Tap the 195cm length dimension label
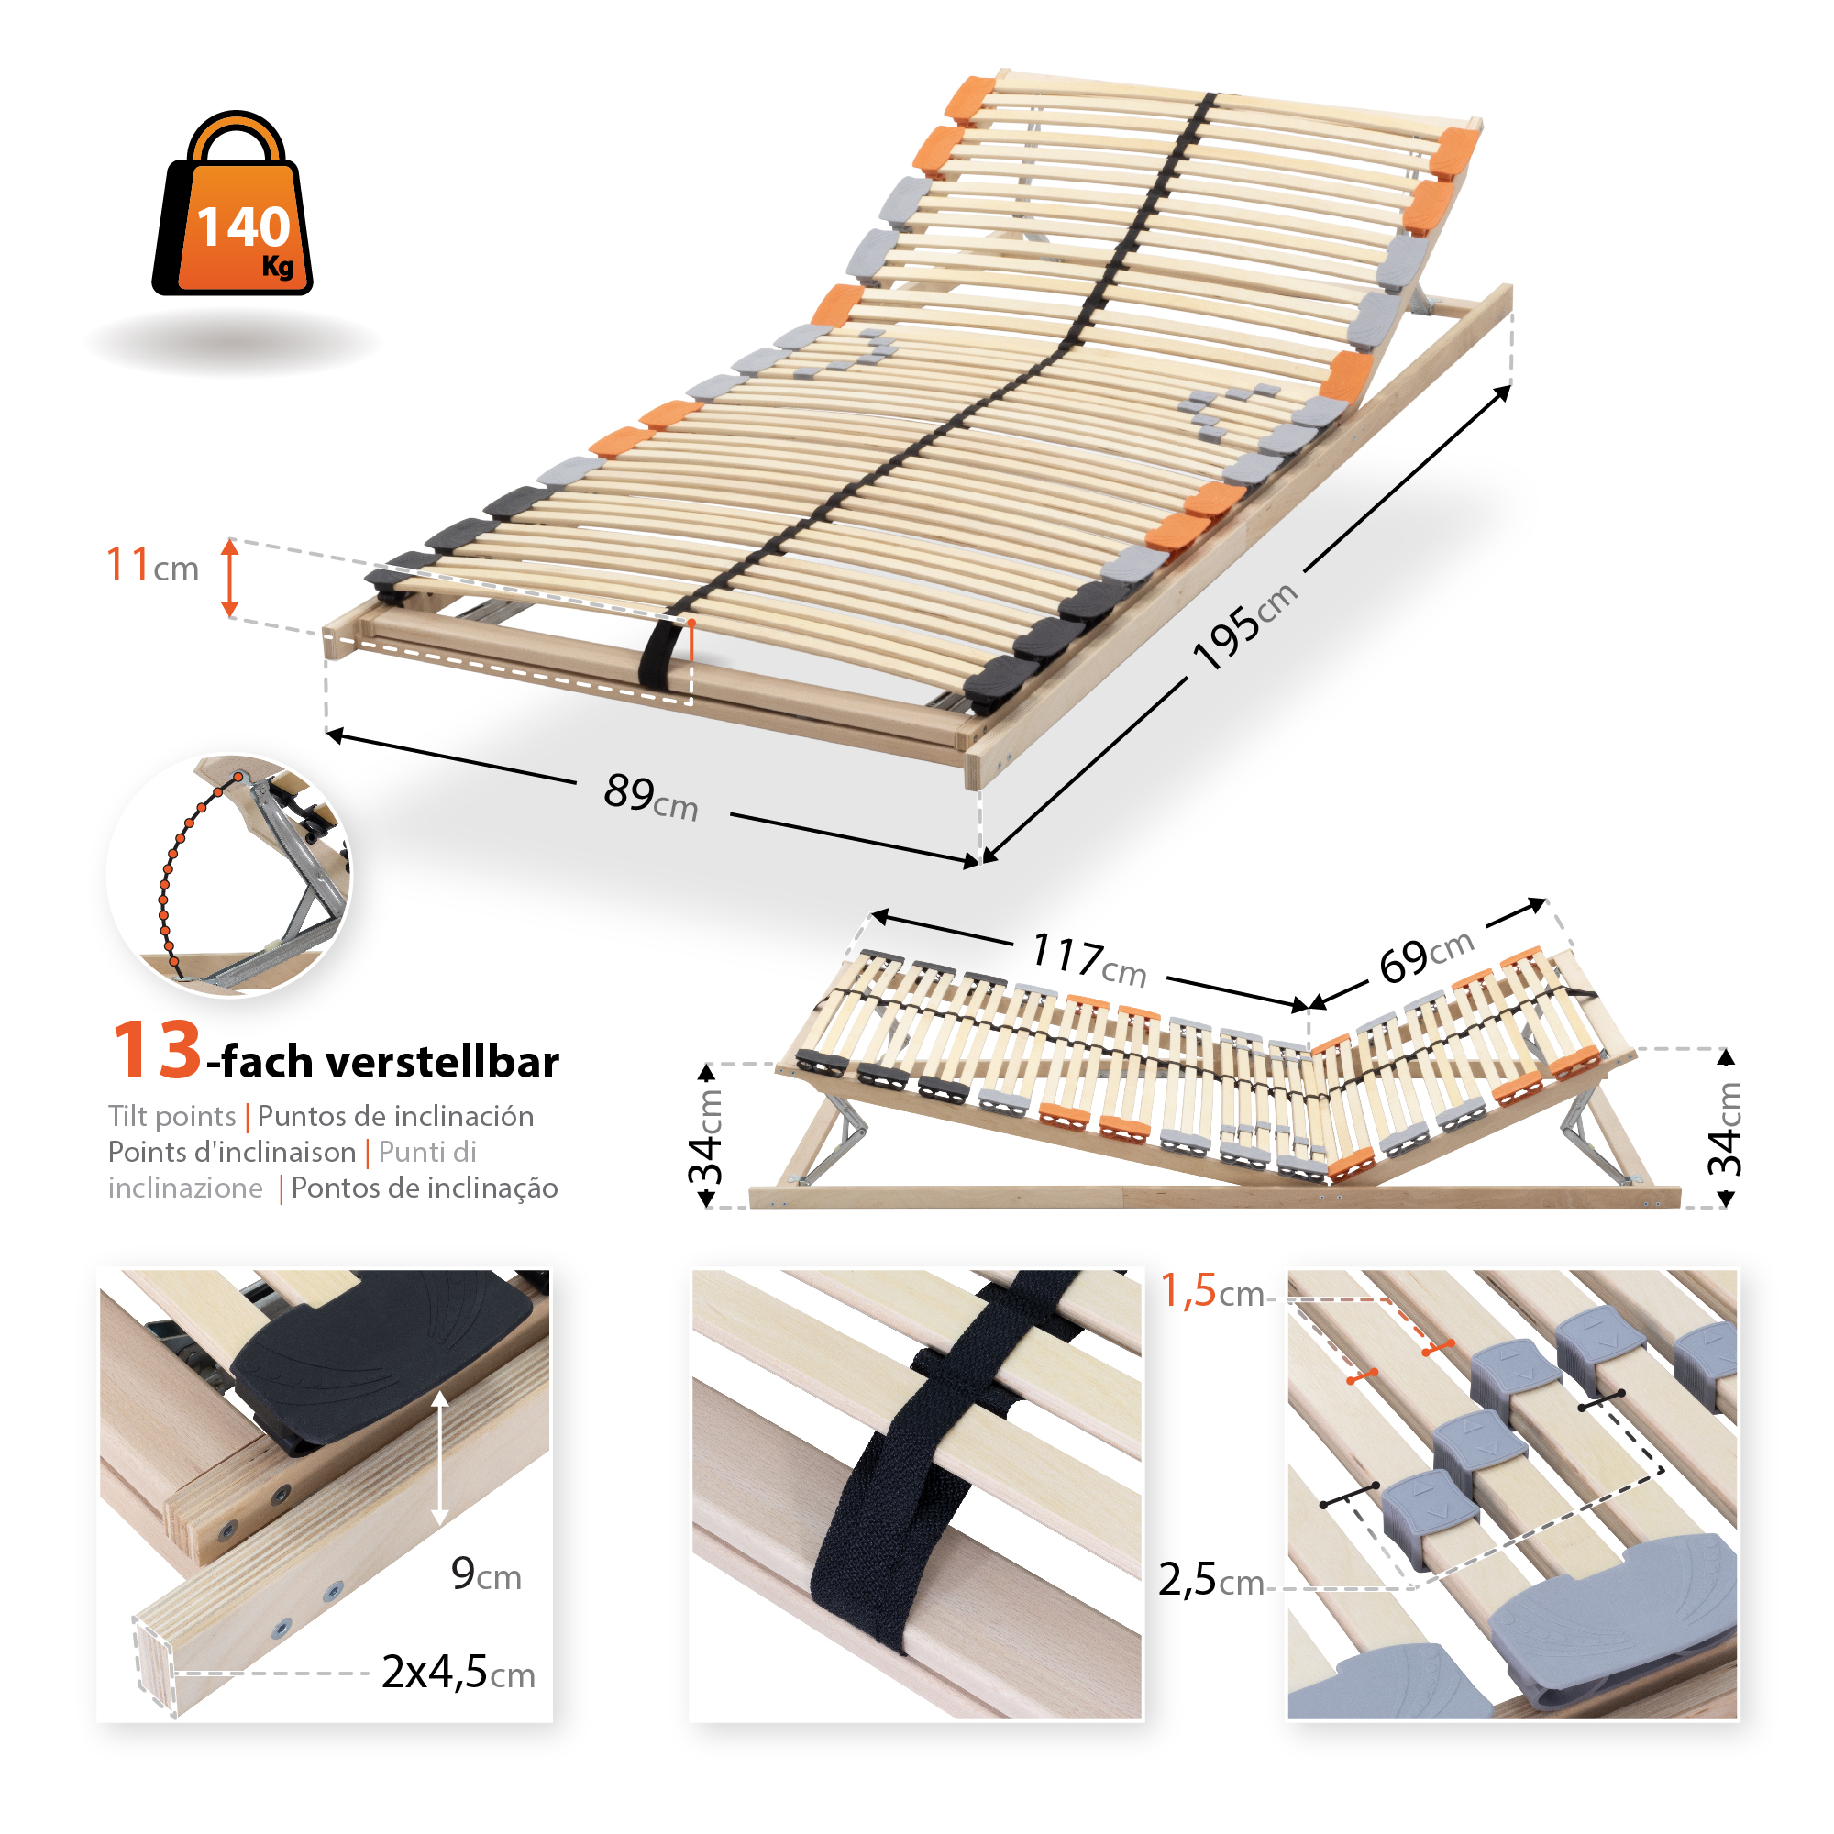click(x=1243, y=625)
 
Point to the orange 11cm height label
click(x=152, y=566)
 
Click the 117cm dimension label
click(x=1088, y=959)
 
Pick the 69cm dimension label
click(x=1427, y=956)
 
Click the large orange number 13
click(x=157, y=1051)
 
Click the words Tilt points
click(x=171, y=1116)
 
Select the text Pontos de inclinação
click(x=425, y=1188)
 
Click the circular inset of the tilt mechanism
click(x=228, y=874)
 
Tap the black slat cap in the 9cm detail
click(x=380, y=1348)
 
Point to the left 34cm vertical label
click(x=707, y=1136)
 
